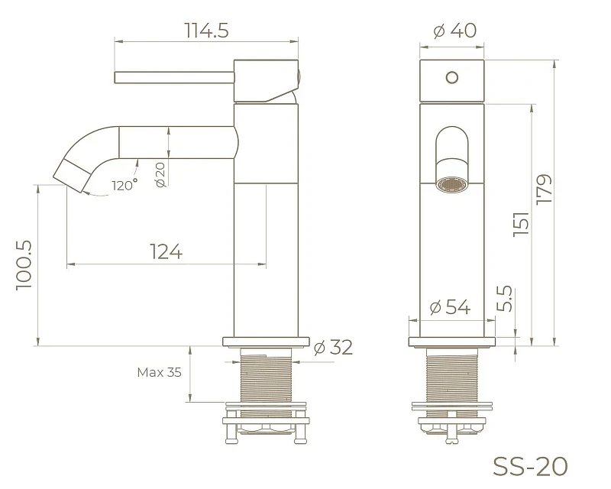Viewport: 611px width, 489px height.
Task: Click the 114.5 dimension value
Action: (x=206, y=31)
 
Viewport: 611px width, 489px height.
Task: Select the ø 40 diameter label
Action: (x=454, y=31)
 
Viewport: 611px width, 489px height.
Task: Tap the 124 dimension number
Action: (x=166, y=252)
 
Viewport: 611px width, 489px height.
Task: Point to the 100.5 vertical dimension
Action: (x=24, y=265)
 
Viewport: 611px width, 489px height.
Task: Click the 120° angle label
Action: (x=124, y=184)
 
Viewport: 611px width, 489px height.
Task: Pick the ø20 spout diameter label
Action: (x=160, y=175)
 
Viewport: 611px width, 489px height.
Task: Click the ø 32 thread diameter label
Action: (x=333, y=347)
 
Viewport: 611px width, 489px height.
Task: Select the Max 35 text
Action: (x=159, y=372)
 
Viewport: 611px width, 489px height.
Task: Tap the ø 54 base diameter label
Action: (x=450, y=307)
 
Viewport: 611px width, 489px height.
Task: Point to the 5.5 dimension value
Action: (x=505, y=298)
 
